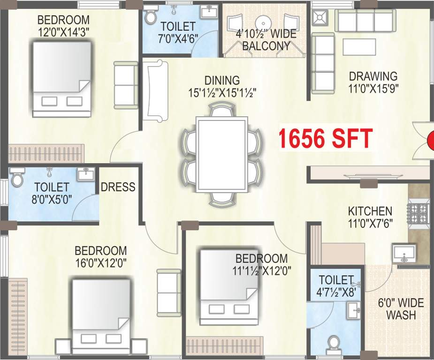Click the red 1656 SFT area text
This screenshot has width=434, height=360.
pyautogui.click(x=326, y=138)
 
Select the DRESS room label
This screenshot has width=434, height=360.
pyautogui.click(x=118, y=187)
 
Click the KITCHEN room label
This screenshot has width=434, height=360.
pyautogui.click(x=370, y=210)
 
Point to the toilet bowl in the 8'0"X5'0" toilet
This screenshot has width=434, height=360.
pyautogui.click(x=17, y=178)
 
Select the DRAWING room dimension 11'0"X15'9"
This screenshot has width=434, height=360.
pyautogui.click(x=373, y=88)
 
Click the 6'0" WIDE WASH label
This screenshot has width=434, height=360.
pyautogui.click(x=401, y=308)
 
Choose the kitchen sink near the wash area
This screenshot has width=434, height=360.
pyautogui.click(x=402, y=254)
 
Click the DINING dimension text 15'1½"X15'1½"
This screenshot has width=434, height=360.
pyautogui.click(x=225, y=93)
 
